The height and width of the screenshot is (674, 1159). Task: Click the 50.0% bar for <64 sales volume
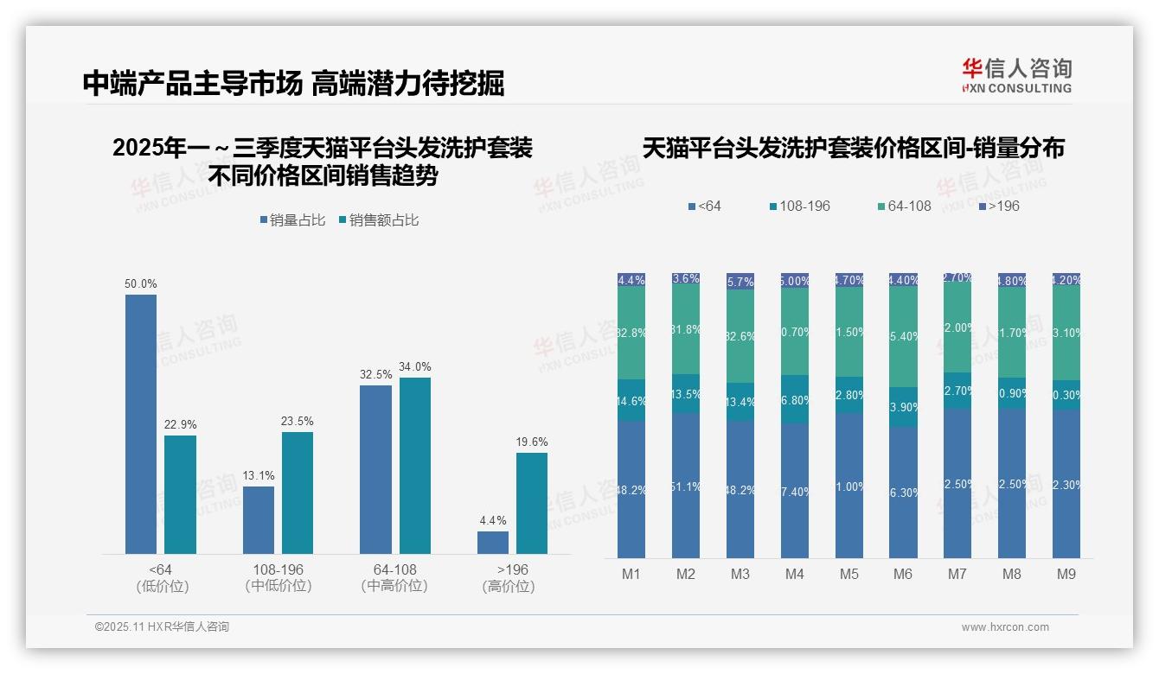(141, 423)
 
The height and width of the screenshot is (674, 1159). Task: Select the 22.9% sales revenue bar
(181, 494)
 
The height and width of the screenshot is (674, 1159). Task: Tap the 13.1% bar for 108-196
(259, 519)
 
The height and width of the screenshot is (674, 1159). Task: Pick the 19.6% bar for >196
(532, 503)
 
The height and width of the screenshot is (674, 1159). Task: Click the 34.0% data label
(415, 366)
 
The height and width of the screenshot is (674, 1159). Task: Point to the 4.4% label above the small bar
(493, 520)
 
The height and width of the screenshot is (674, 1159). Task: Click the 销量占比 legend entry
(293, 220)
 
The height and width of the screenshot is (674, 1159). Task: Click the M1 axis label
(631, 574)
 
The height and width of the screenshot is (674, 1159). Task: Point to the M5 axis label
(848, 574)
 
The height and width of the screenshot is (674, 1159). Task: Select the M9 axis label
(1066, 574)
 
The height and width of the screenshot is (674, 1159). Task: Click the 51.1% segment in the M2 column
(686, 486)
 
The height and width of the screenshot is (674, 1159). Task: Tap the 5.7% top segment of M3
(740, 282)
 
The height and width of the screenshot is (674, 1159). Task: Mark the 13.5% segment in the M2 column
(686, 393)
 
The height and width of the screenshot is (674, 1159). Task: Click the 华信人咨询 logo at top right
(1016, 75)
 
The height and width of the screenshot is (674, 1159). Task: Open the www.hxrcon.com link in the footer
(1005, 627)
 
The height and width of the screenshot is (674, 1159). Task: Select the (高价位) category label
(509, 587)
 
